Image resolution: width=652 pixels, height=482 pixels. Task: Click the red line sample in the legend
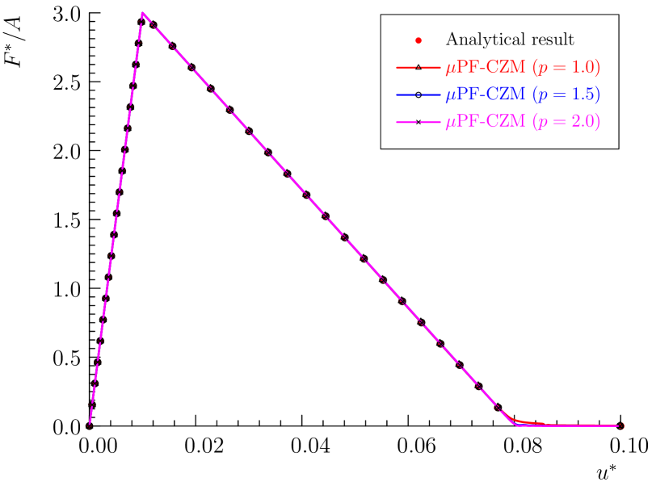(417, 67)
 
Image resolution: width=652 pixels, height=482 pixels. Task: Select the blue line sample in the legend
(417, 94)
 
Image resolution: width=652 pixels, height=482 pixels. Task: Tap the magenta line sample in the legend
(417, 122)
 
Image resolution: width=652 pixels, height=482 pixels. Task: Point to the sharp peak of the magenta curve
(142, 14)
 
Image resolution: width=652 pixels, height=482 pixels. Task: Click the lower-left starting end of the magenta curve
(90, 423)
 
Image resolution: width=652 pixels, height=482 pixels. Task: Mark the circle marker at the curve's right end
(621, 425)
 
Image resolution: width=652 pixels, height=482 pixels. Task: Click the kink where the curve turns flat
(515, 423)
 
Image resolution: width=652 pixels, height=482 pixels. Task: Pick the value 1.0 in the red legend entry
(583, 67)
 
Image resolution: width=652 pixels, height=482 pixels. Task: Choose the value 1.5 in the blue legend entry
(583, 94)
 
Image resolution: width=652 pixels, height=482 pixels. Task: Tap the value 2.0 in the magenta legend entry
(583, 122)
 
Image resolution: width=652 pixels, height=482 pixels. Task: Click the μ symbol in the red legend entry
(450, 68)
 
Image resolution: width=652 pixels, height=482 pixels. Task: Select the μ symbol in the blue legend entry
(450, 95)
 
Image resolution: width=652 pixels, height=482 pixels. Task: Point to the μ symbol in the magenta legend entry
(450, 123)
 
